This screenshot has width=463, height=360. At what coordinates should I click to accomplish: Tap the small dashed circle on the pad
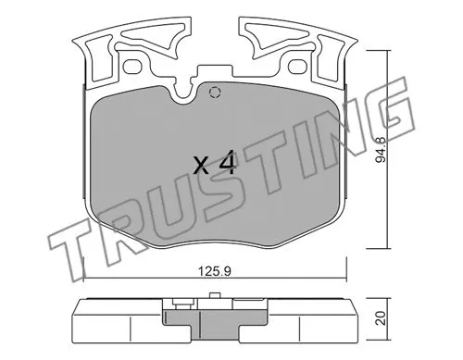pos(215,92)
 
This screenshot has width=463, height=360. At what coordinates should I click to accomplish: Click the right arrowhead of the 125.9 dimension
pos(345,281)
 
